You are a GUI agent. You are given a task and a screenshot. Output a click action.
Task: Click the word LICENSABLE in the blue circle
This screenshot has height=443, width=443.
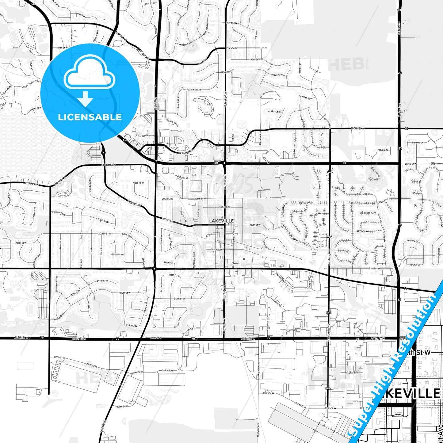90,117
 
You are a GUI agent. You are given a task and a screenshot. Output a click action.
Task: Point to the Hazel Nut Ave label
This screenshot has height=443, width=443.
194,90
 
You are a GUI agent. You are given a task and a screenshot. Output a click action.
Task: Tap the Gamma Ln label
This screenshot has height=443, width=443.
418,143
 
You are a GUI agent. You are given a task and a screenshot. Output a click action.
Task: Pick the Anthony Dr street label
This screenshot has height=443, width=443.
412,241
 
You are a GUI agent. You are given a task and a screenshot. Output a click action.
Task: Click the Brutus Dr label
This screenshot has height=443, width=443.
415,265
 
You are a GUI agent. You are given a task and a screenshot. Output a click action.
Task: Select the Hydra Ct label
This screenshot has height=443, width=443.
169,262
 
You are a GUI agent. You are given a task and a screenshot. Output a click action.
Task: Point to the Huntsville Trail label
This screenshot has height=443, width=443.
194,260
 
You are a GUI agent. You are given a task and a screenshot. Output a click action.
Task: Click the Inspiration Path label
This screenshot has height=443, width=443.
89,302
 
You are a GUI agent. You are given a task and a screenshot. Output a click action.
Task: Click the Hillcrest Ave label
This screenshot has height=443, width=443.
186,44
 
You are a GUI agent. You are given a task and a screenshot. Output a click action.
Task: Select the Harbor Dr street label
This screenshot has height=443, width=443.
300,68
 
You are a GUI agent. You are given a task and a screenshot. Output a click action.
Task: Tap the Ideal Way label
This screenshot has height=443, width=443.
146,136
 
